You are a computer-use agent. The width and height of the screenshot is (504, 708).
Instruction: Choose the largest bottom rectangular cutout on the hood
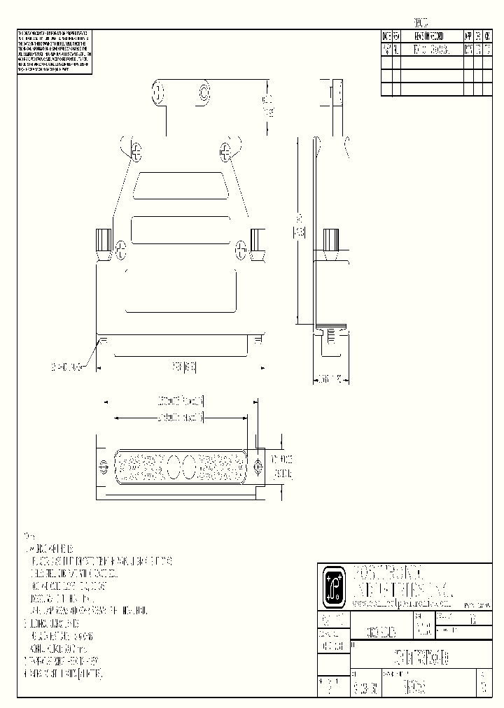181,290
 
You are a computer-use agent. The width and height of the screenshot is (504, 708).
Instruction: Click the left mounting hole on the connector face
104,467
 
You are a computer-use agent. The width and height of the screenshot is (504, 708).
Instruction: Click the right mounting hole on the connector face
258,467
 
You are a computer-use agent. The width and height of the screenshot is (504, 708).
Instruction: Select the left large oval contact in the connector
172,467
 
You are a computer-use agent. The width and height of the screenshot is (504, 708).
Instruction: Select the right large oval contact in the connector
190,467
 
